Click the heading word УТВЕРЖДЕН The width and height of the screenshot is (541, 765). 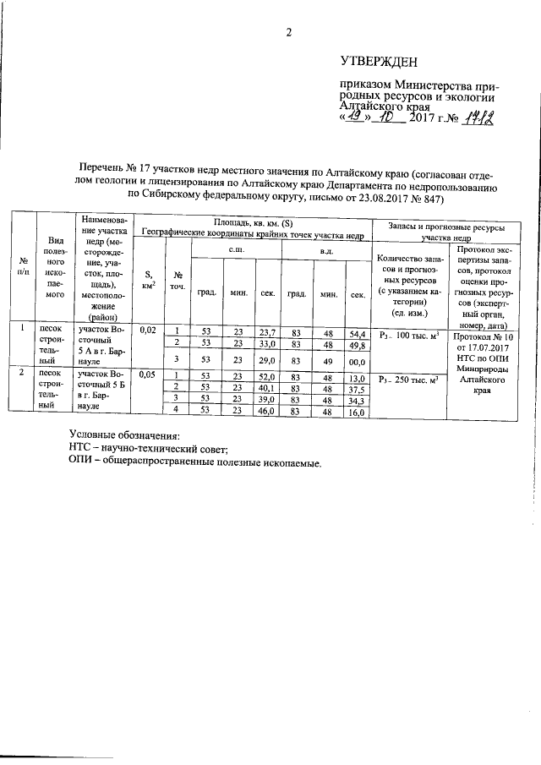click(x=379, y=62)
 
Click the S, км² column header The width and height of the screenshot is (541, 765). click(x=149, y=279)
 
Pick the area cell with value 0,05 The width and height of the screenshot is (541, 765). click(x=148, y=374)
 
